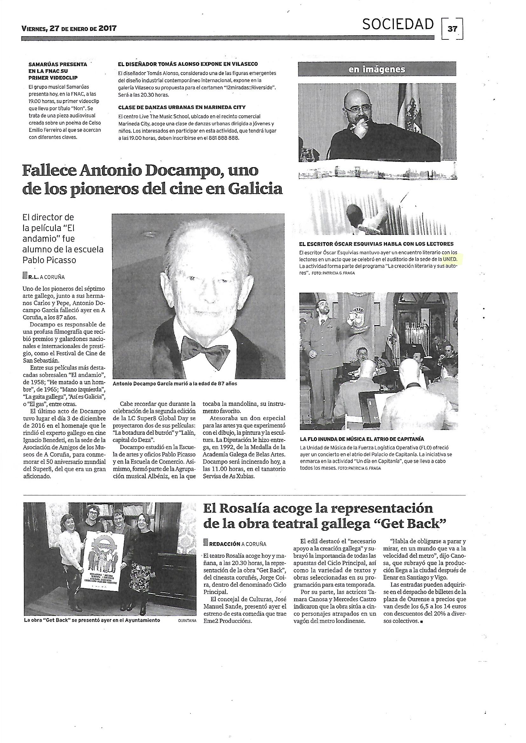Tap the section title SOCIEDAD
tap(398, 24)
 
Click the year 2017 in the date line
tap(107, 29)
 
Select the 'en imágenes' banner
tap(377, 69)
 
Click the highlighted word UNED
tap(450, 259)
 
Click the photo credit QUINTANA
tap(187, 620)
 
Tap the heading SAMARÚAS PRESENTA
tap(58, 64)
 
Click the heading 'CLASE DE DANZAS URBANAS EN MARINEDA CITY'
tap(182, 107)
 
